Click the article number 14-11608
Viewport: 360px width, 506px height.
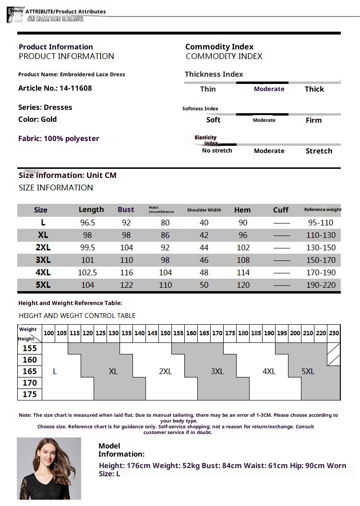pos(76,88)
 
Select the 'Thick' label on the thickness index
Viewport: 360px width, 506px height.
pos(314,89)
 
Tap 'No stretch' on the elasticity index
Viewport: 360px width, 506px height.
pos(217,151)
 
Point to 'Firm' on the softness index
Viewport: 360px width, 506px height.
pos(313,120)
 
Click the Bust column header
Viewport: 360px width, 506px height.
pos(126,210)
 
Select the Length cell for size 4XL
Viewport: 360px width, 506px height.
pos(87,272)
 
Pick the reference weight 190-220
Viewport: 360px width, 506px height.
pos(321,285)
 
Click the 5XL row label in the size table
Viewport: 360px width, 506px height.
pos(43,285)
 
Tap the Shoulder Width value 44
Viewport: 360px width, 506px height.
pos(204,247)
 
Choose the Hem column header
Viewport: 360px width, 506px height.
pos(242,210)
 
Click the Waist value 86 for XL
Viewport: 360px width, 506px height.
pos(165,235)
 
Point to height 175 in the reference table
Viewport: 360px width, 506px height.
pos(29,394)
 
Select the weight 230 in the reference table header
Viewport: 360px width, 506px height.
pos(334,333)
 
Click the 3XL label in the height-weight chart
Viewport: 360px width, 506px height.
pos(217,371)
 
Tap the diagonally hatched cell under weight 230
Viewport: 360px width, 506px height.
pos(334,354)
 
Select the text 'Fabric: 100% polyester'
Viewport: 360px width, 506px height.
pos(59,139)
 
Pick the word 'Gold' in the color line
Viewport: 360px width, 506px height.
pos(49,119)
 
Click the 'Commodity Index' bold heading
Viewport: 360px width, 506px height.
pos(219,47)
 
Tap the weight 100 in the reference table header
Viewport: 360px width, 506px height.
pos(49,333)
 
